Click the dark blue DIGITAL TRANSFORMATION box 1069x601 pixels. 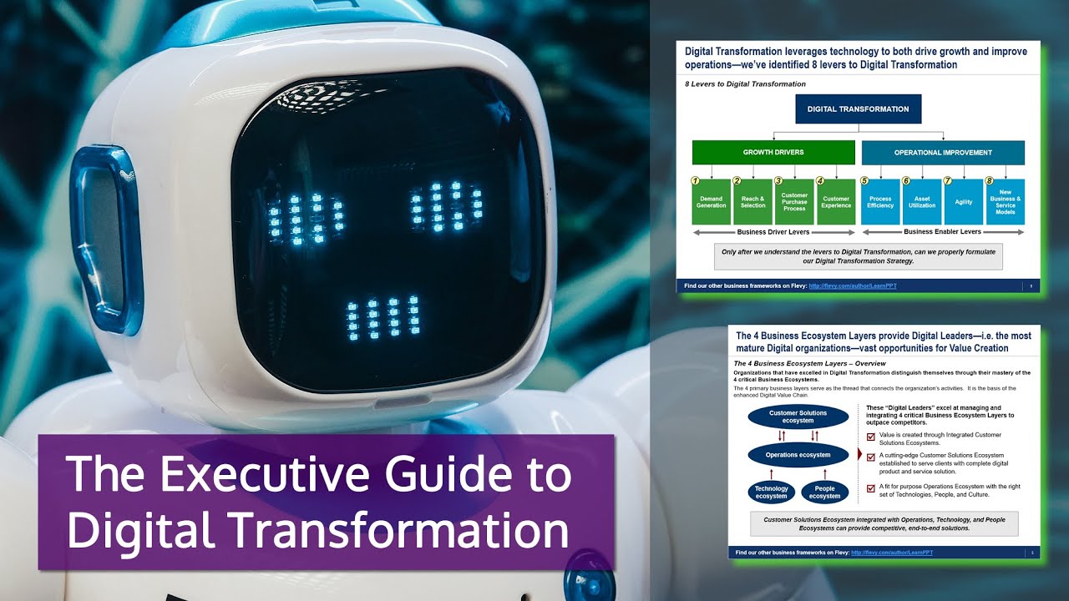858,109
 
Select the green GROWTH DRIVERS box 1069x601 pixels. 773,153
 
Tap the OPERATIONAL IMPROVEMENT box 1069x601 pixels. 943,153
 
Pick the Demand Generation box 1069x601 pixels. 712,202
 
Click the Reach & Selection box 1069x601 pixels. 752,202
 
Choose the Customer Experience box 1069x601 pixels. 835,202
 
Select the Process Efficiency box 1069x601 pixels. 880,202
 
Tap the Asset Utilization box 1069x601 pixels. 922,202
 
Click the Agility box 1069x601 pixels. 963,202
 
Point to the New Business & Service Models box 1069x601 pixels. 1005,202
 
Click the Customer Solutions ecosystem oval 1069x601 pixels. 798,417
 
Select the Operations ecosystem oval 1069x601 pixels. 798,455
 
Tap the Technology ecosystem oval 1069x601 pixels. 771,492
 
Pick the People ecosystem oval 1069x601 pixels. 824,492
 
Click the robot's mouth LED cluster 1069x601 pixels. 383,317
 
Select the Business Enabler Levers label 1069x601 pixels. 943,232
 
